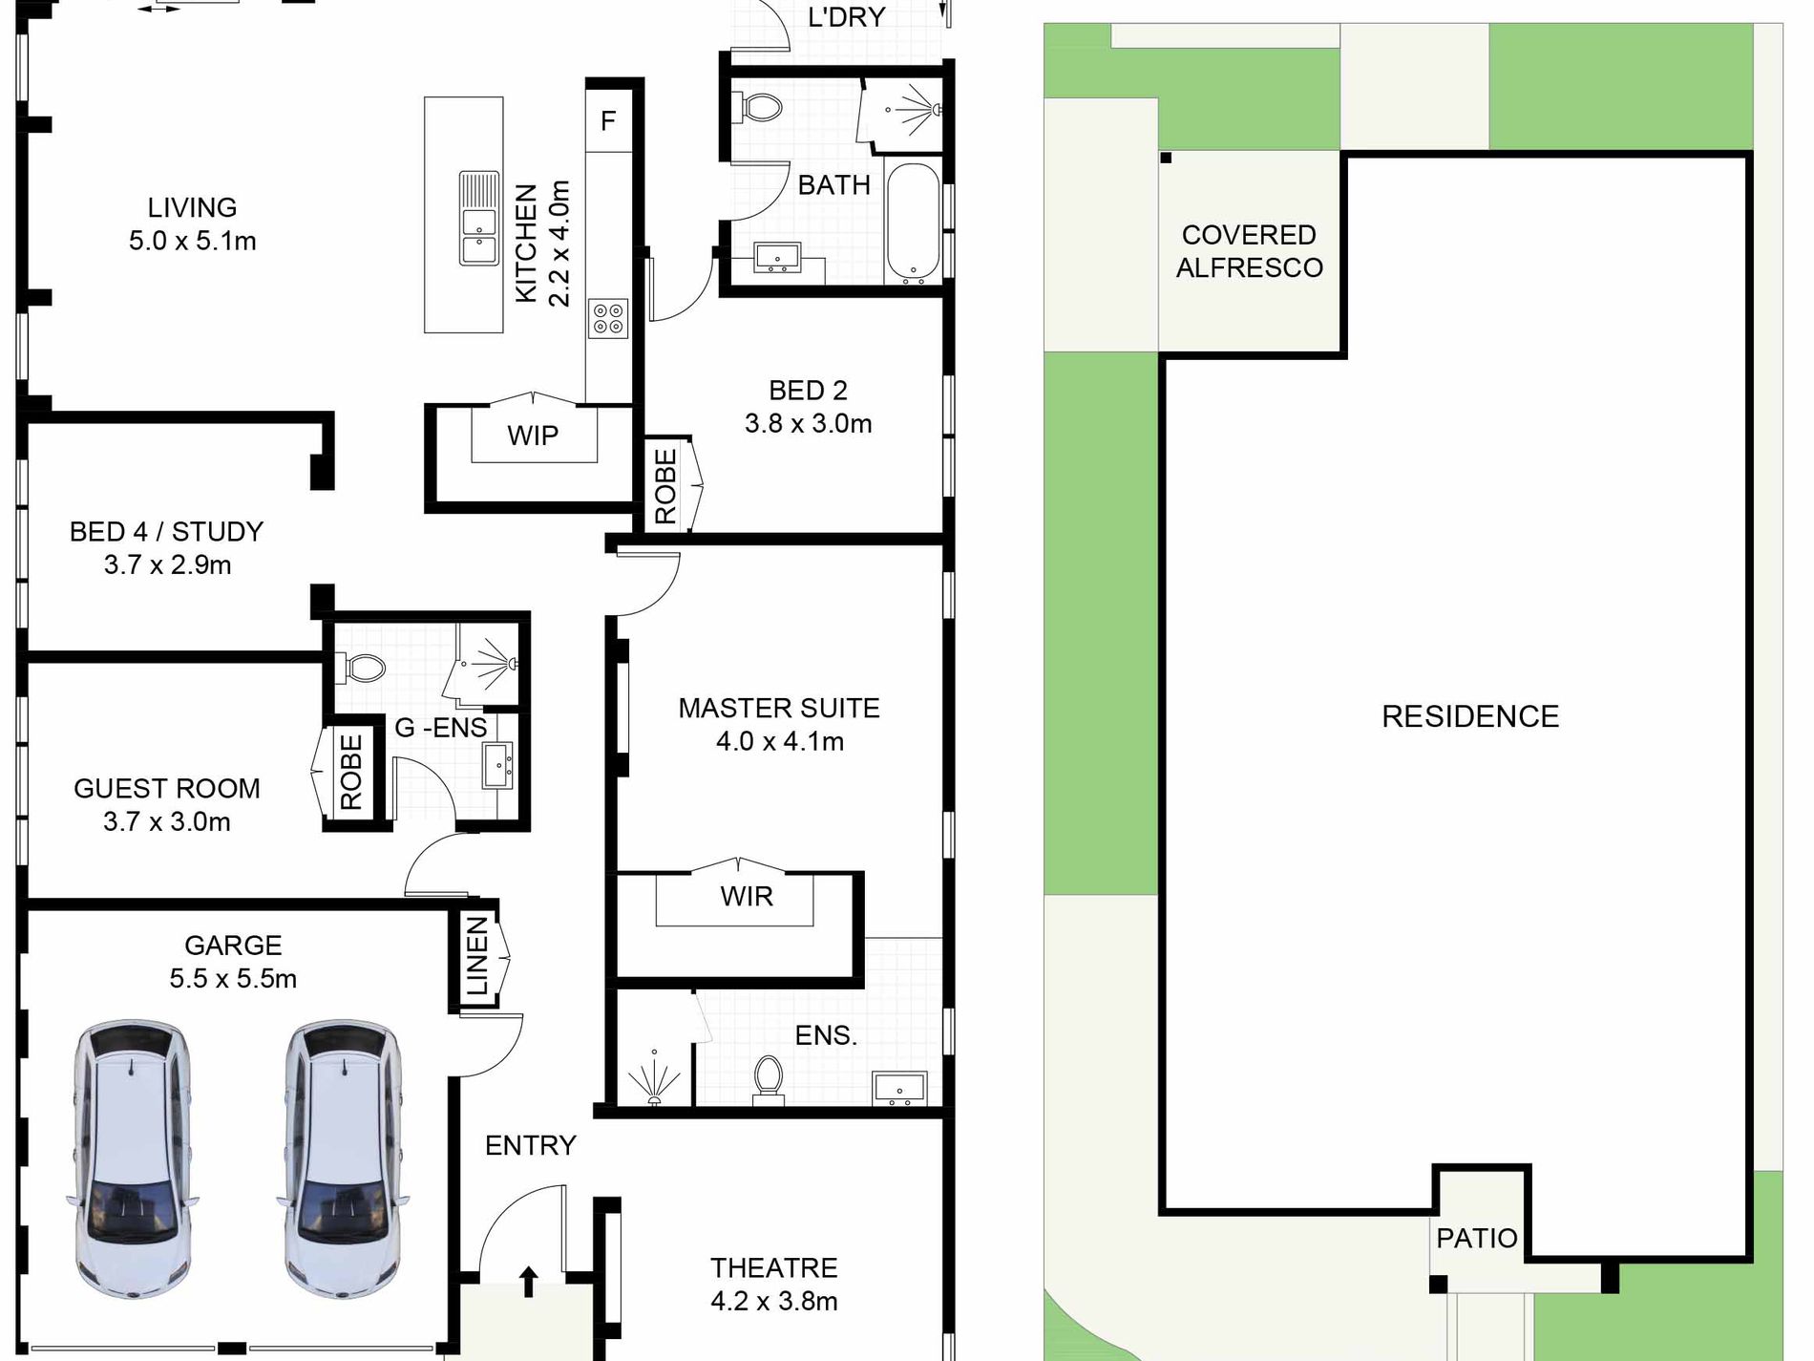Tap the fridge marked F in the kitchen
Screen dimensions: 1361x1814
[608, 120]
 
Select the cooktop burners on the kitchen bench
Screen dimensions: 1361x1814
[608, 318]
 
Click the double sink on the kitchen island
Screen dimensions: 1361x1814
[478, 219]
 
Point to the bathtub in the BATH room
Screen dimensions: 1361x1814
[913, 223]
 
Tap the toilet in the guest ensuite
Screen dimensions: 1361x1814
[362, 666]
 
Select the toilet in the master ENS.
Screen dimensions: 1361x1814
[769, 1078]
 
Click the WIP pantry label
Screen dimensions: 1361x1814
[533, 436]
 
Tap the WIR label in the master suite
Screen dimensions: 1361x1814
[747, 896]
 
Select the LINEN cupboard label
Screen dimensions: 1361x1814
[476, 956]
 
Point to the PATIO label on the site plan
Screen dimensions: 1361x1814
[1476, 1238]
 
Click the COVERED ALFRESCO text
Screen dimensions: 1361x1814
[1249, 251]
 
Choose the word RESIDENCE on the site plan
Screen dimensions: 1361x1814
[1469, 716]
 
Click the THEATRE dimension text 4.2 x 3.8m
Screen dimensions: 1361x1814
[773, 1301]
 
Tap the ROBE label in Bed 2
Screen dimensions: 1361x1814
[665, 486]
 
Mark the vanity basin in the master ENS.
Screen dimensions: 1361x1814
[898, 1089]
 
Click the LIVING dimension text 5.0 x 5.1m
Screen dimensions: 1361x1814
[192, 241]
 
